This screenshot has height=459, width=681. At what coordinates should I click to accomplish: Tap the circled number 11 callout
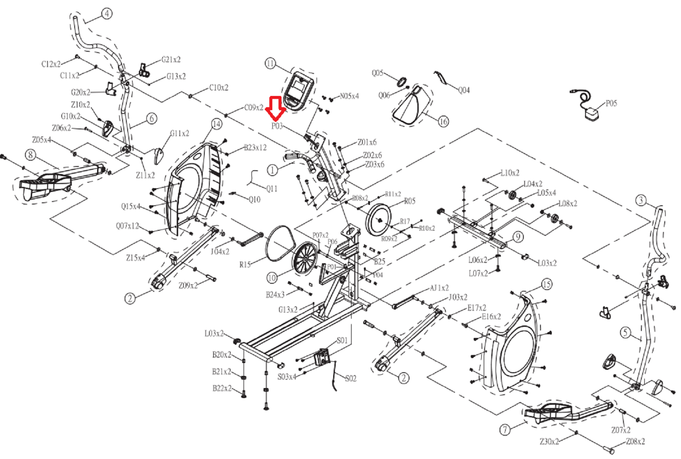coord(270,63)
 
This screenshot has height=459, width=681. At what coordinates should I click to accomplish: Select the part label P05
coord(611,103)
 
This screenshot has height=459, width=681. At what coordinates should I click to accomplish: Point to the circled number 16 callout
coord(443,121)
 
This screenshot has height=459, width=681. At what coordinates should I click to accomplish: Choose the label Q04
coord(464,90)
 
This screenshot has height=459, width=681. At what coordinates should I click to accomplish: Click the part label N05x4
coord(349,96)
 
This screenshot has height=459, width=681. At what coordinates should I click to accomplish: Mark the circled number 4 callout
coord(107,14)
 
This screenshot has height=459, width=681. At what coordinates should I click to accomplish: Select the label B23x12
coord(255,147)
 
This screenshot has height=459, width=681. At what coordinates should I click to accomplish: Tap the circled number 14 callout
coord(216,124)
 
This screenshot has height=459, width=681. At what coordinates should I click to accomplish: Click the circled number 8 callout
coord(30,155)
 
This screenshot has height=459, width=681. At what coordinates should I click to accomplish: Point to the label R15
coord(245,265)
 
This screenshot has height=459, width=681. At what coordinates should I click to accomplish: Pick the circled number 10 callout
coord(272,277)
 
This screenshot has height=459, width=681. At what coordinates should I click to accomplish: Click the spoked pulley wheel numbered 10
coord(305,258)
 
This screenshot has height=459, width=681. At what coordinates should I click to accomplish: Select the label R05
coord(410,201)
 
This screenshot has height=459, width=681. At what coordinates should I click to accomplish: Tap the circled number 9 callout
coord(518,237)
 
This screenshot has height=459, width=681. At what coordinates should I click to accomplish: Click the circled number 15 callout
coord(546,285)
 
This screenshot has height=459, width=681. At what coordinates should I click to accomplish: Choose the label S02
coord(351,378)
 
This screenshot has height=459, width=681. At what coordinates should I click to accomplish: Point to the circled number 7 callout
coord(505,429)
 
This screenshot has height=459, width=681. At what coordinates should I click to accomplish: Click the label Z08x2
coord(635,441)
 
